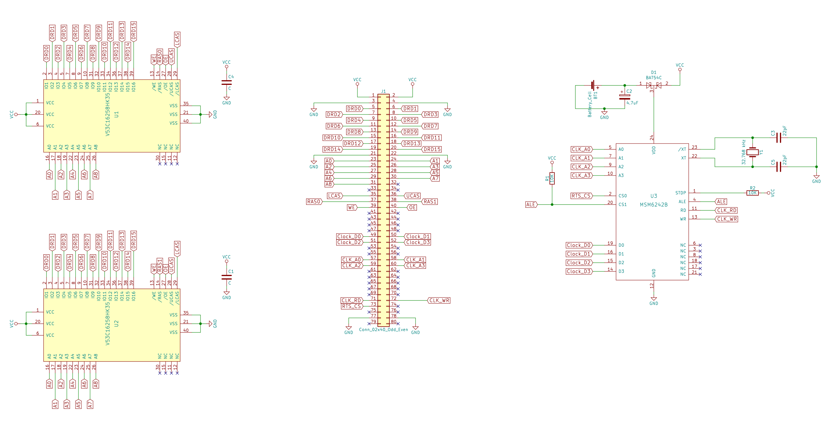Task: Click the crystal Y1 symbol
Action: (x=752, y=152)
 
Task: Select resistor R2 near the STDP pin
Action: (x=752, y=193)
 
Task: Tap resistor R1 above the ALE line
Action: (x=552, y=178)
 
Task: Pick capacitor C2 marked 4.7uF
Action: (x=624, y=97)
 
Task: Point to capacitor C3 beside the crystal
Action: (x=778, y=138)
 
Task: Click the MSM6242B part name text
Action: (x=653, y=205)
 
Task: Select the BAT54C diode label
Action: (x=654, y=78)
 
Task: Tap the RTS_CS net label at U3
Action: (x=581, y=196)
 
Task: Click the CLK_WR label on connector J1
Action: (x=439, y=300)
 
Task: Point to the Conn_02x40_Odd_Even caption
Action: (x=383, y=330)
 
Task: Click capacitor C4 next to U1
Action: (x=227, y=83)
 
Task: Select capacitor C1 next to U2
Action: (x=227, y=277)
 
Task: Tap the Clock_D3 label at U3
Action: (x=579, y=272)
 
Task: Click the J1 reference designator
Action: (x=383, y=91)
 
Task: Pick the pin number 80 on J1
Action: (x=393, y=321)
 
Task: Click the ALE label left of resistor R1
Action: (x=531, y=205)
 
